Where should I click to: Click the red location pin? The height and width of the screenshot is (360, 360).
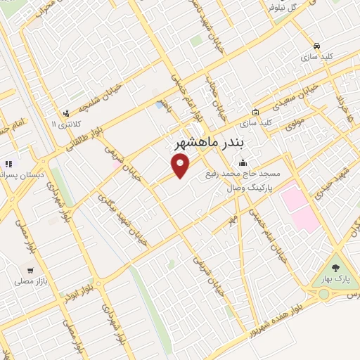click(181, 165)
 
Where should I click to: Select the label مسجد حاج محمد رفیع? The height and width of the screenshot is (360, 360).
click(243, 173)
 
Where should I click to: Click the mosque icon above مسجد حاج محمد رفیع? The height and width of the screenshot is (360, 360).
click(243, 163)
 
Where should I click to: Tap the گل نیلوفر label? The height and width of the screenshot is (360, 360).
click(281, 8)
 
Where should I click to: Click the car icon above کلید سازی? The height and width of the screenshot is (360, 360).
click(318, 44)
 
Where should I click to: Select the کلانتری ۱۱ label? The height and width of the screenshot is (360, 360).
click(66, 124)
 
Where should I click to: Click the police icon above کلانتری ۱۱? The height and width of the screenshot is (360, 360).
click(66, 112)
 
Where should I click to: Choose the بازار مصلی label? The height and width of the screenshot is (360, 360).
click(30, 280)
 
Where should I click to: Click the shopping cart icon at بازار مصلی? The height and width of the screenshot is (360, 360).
click(30, 269)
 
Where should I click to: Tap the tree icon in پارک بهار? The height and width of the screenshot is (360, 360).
click(335, 268)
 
